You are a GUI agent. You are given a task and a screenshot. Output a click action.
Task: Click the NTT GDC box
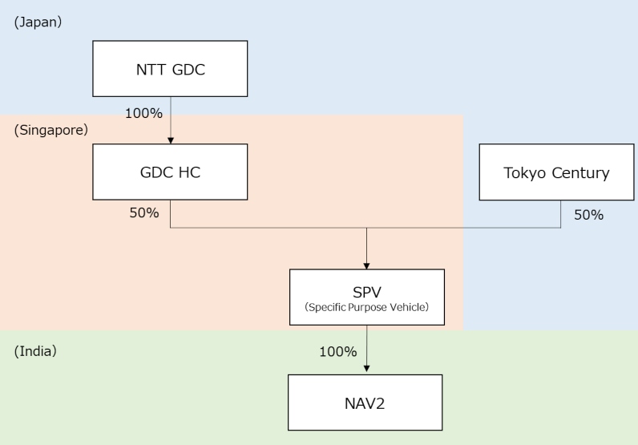pyautogui.click(x=170, y=69)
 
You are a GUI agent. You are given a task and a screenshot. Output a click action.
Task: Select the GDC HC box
pyautogui.click(x=170, y=172)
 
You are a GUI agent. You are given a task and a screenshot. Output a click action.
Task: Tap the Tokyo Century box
pyautogui.click(x=556, y=172)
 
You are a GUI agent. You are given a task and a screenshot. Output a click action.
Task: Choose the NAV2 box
pyautogui.click(x=365, y=402)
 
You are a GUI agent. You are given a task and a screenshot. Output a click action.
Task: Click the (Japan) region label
pyautogui.click(x=38, y=22)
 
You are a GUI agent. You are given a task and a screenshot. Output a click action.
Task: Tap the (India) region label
pyautogui.click(x=35, y=350)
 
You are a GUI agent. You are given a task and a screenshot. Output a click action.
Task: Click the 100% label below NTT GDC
pyautogui.click(x=143, y=113)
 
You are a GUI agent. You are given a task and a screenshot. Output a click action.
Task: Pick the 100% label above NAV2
pyautogui.click(x=337, y=351)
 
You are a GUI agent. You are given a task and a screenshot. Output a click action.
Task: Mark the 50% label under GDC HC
pyautogui.click(x=144, y=213)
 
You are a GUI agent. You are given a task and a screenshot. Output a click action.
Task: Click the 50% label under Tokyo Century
pyautogui.click(x=588, y=215)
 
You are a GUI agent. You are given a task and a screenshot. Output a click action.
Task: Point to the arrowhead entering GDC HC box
pyautogui.click(x=171, y=140)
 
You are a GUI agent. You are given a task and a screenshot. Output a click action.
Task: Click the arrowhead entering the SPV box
pyautogui.click(x=366, y=265)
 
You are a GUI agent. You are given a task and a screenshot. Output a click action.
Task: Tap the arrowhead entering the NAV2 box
pyautogui.click(x=366, y=370)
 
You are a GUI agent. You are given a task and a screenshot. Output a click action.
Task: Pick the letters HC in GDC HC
pyautogui.click(x=188, y=172)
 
